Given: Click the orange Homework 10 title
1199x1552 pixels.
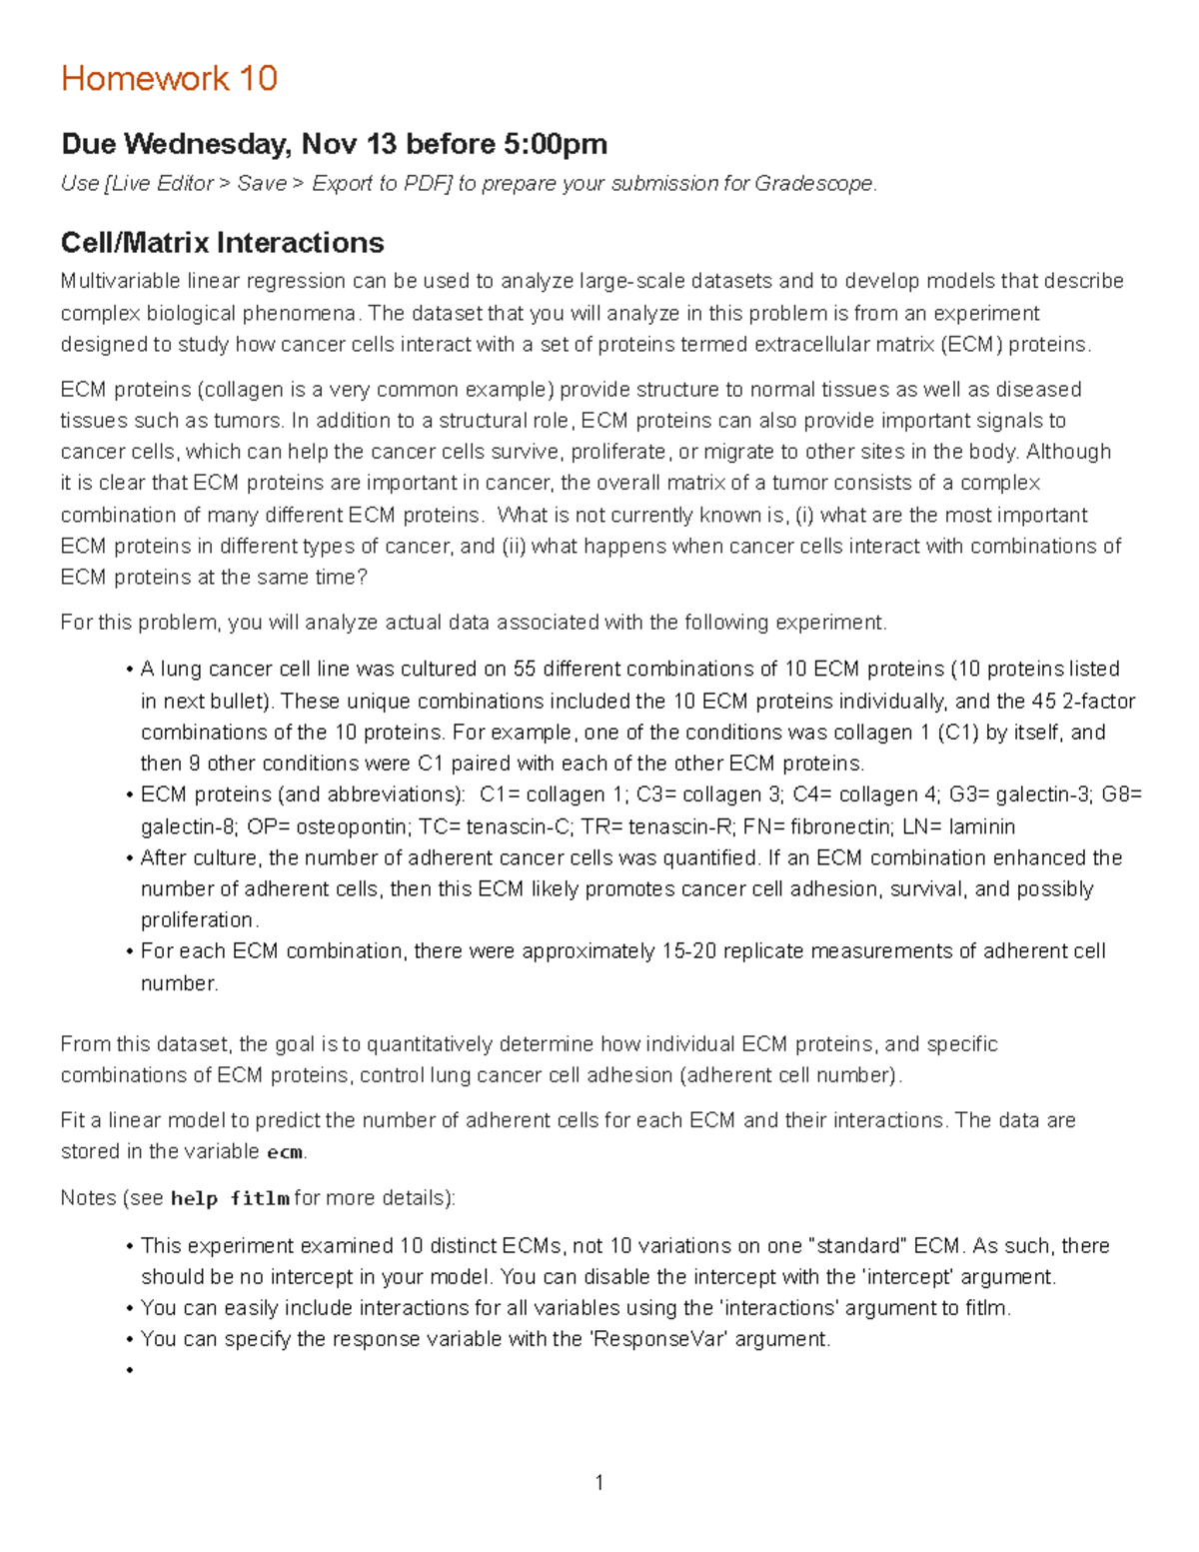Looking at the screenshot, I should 169,78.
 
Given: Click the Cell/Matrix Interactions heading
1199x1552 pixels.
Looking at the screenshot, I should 222,243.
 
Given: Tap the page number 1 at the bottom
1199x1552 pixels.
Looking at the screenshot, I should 599,1483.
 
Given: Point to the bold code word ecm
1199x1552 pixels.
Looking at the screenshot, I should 285,1152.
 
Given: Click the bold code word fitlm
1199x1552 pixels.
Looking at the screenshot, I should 259,1198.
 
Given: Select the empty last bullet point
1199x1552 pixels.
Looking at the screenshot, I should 130,1370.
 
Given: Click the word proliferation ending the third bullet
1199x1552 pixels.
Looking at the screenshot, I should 197,919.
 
